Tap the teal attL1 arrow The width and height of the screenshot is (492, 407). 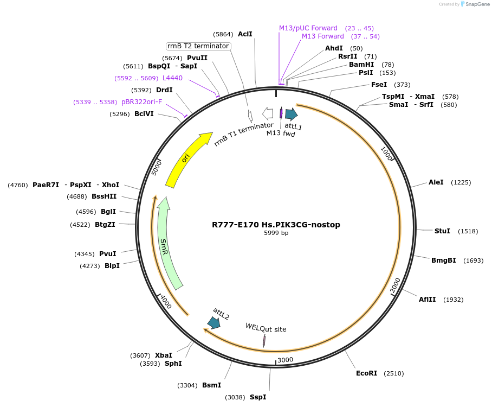291,114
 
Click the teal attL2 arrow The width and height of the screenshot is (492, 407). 214,323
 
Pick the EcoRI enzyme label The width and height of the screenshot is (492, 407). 366,373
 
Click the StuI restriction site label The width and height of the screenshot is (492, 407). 442,231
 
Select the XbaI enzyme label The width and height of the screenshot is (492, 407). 164,355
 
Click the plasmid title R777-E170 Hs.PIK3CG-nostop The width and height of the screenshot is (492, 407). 276,225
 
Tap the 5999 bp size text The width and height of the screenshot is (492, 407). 276,233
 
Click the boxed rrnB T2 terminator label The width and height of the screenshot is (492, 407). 198,46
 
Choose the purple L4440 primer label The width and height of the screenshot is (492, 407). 172,78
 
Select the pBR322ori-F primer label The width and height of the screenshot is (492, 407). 141,102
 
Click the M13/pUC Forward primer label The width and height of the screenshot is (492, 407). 308,28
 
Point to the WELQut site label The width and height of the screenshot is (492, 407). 266,328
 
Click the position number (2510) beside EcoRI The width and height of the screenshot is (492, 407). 393,373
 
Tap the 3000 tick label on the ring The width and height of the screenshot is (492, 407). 285,360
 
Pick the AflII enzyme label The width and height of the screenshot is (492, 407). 427,300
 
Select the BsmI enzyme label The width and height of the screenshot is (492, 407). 211,385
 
